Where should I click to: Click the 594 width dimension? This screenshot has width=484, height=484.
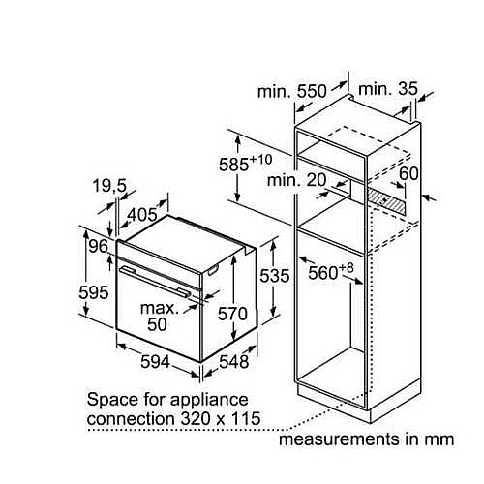pos(155,362)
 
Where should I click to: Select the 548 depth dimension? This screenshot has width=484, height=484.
pos(234,362)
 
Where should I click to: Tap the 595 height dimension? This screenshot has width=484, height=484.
pos(94,293)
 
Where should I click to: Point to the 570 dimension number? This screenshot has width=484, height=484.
pos(232,314)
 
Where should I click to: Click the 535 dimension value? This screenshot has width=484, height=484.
pos(275,276)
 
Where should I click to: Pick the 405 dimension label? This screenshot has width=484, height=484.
pos(142,215)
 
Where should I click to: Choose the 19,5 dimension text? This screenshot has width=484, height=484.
pos(110,186)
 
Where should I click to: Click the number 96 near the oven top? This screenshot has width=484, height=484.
pos(99,247)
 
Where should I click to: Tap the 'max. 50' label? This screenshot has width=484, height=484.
pos(159,317)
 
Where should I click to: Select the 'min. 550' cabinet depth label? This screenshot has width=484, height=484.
pos(292,91)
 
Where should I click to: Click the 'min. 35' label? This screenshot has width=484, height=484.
pos(388,89)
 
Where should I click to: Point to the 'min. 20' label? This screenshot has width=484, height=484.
pos(297,180)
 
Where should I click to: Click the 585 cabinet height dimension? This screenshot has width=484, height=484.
pos(245,164)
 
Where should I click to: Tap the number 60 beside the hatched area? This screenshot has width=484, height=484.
pos(408,173)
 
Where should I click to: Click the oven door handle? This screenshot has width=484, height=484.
pos(155,281)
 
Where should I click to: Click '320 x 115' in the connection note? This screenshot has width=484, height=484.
pos(221,418)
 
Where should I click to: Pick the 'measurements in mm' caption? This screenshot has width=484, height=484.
pos(366,439)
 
